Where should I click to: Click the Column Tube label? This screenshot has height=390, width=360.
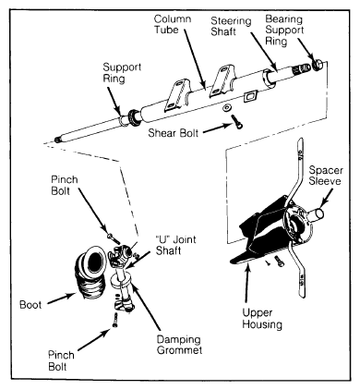click(x=173, y=24)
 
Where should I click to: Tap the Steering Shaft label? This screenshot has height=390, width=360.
click(x=231, y=26)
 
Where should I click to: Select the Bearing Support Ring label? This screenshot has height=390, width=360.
click(x=284, y=30)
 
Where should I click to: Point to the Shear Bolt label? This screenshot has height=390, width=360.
click(x=174, y=133)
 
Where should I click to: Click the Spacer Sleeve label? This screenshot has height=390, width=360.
click(x=326, y=176)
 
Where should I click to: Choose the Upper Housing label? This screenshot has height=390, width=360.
click(x=262, y=318)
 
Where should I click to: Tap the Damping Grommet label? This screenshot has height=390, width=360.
click(x=179, y=345)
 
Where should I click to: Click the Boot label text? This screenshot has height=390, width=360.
click(x=30, y=305)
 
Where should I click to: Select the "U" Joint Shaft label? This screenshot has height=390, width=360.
click(x=175, y=245)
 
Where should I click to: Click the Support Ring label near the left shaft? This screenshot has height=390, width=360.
click(x=122, y=73)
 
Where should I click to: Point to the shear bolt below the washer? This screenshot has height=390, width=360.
click(x=237, y=121)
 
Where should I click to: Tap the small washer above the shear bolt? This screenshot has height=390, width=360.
click(x=228, y=108)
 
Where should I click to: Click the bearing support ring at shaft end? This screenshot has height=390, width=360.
click(x=318, y=64)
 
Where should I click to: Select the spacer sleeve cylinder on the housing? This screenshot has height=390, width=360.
click(x=315, y=214)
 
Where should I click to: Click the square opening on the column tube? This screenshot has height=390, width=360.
click(x=250, y=97)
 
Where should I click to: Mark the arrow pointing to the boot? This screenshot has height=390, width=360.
click(x=62, y=299)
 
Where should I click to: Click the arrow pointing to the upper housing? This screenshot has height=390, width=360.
click(x=246, y=282)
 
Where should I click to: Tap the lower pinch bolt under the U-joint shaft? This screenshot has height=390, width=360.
click(x=115, y=320)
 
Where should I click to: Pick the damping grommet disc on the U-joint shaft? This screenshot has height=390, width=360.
click(x=121, y=282)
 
